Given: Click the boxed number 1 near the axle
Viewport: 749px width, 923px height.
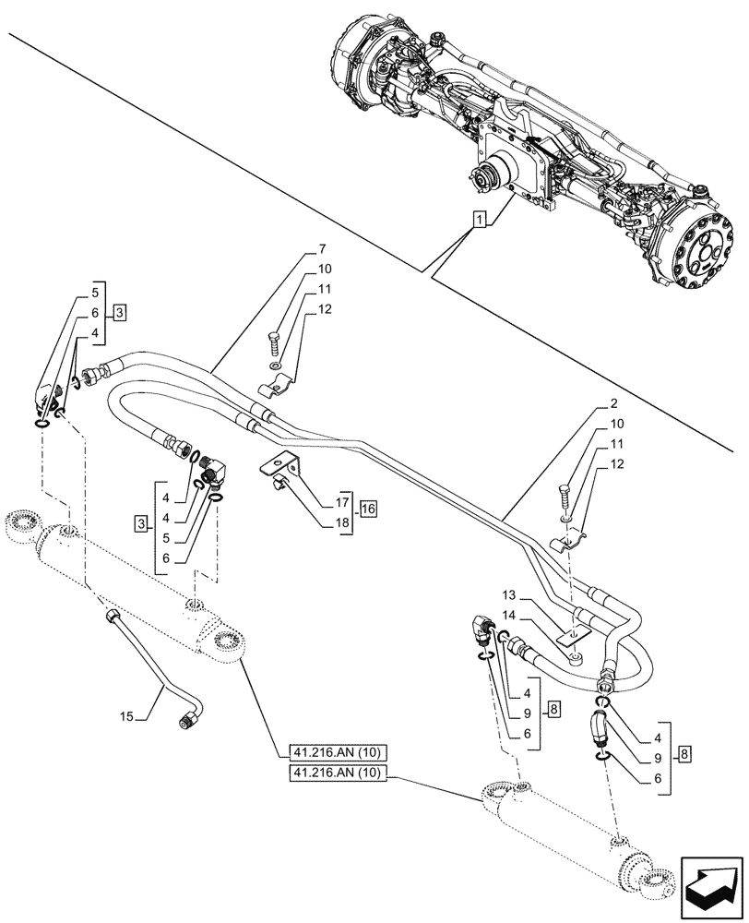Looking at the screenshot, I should [479, 220].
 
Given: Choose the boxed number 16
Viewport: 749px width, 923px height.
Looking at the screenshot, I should [369, 509].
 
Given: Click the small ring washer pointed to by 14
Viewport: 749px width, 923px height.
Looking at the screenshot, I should [575, 658].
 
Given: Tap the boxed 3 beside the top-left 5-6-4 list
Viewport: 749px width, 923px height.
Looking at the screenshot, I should [120, 312].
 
